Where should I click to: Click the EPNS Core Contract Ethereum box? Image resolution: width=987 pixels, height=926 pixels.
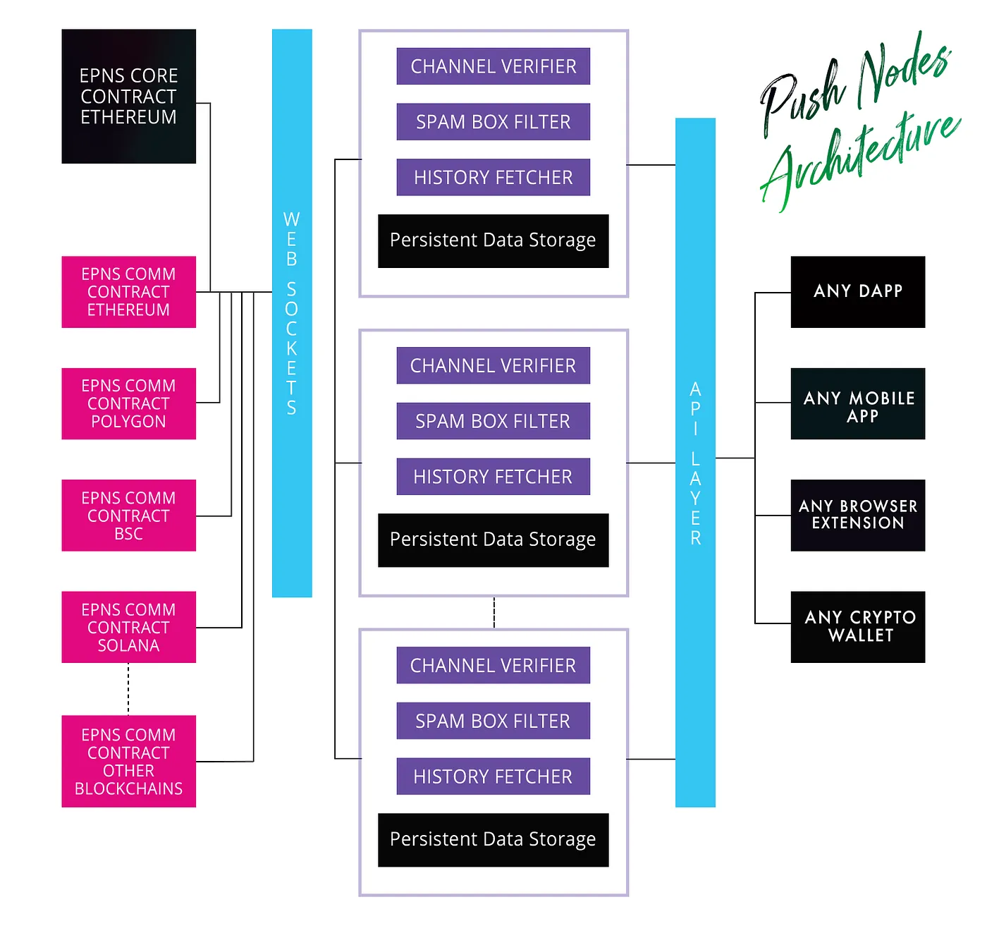(128, 97)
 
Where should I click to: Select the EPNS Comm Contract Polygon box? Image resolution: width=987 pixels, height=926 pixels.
(128, 403)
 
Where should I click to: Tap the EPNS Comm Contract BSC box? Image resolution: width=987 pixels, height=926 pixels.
(128, 516)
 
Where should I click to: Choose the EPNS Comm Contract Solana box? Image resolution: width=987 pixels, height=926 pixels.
(128, 627)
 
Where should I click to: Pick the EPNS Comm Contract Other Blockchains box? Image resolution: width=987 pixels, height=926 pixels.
(128, 761)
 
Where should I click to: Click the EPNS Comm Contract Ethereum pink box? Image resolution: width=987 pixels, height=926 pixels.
(128, 292)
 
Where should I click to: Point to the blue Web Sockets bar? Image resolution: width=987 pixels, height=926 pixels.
(292, 313)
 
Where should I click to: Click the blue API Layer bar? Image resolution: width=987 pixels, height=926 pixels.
(695, 463)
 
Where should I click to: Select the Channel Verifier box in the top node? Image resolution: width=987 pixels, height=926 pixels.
(493, 66)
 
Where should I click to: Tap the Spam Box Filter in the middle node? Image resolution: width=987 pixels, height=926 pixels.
(493, 421)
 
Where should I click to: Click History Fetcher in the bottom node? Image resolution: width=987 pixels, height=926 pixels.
(493, 776)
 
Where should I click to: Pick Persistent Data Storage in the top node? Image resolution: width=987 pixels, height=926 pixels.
(493, 240)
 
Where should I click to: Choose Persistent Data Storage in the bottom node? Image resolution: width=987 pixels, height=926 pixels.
(493, 839)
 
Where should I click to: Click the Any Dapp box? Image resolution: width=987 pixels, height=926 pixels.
(857, 292)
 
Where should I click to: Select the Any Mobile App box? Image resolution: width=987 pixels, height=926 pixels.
(857, 403)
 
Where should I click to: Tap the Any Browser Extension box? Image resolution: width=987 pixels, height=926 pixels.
(857, 516)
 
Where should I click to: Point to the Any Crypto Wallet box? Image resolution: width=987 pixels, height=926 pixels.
(857, 627)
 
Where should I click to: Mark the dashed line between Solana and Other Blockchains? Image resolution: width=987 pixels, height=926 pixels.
(128, 689)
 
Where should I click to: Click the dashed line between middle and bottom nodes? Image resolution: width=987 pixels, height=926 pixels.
(494, 612)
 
